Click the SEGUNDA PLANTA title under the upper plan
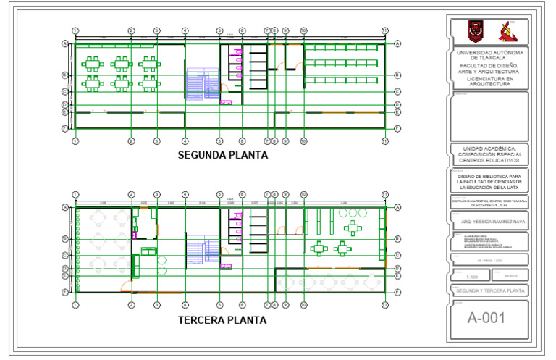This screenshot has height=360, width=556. tap(223, 155)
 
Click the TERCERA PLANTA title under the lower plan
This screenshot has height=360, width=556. tap(223, 319)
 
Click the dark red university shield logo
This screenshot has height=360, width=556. tap(474, 31)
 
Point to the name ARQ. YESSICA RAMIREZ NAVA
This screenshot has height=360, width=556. tap(489, 223)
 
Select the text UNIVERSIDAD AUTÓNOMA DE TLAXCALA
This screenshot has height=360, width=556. tap(489, 55)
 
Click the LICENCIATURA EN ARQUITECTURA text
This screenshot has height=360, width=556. tap(489, 80)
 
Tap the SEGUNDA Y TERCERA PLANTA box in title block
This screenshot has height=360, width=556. tap(489, 291)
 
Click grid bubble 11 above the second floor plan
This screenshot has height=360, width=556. tap(385, 30)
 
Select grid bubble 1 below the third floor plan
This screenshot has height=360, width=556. tap(75, 306)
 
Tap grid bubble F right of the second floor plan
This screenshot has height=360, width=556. tap(397, 128)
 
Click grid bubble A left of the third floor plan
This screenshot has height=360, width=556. tap(64, 208)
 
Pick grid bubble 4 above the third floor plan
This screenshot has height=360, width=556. tap(185, 195)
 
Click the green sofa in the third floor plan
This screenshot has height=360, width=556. tap(148, 251)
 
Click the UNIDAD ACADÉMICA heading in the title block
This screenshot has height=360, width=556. tap(489, 154)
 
